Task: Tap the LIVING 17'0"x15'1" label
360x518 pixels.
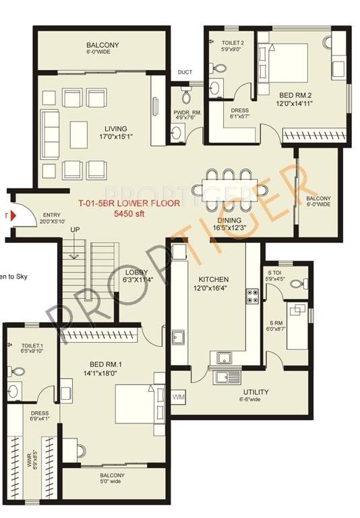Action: [x=117, y=132]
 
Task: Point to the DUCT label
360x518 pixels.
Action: [x=184, y=73]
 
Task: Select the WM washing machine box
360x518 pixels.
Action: [x=179, y=397]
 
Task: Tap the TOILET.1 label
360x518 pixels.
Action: [x=32, y=347]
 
